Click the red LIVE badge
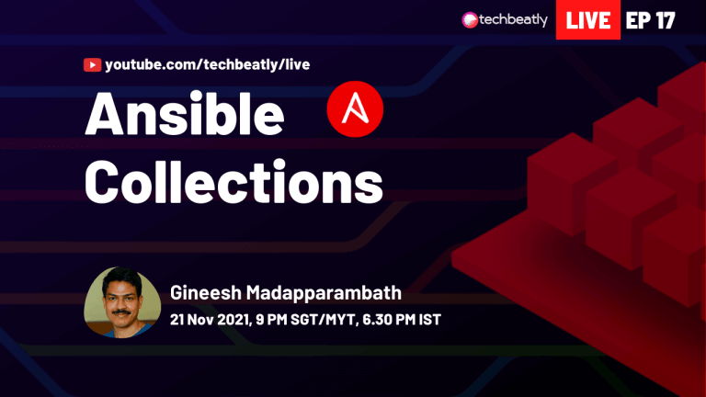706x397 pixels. (x=588, y=20)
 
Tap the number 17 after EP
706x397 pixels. (x=665, y=20)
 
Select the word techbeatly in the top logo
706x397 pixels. (x=513, y=20)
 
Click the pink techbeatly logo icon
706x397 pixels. (x=470, y=20)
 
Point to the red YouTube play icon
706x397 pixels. (x=92, y=65)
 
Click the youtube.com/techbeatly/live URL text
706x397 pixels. (x=208, y=65)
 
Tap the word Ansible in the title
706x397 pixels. (x=185, y=113)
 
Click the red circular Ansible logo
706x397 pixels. (x=355, y=109)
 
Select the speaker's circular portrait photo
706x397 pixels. (x=122, y=302)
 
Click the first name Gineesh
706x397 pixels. (x=206, y=293)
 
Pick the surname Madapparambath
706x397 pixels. (x=324, y=293)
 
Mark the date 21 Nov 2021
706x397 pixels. (x=211, y=320)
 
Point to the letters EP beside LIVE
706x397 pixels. (x=639, y=20)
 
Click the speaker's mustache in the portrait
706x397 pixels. (x=120, y=312)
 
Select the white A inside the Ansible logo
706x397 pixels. (x=355, y=108)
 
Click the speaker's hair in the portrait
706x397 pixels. (x=121, y=277)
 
